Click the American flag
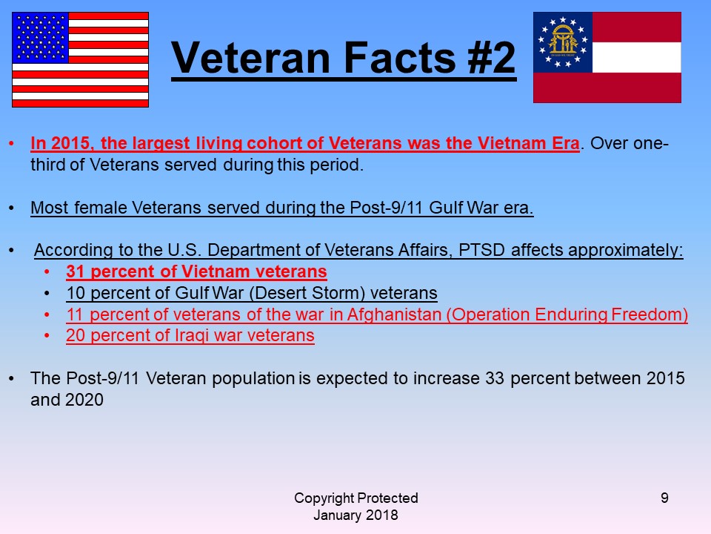tap(80, 59)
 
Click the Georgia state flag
tap(607, 57)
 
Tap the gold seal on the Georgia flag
tap(563, 41)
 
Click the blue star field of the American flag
tap(40, 37)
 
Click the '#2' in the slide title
tap(492, 57)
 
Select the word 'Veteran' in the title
tap(251, 57)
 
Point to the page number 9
tap(664, 498)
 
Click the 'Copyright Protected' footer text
tap(356, 498)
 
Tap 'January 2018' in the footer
tap(356, 515)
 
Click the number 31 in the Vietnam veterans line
tap(76, 271)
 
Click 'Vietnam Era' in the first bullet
tap(529, 143)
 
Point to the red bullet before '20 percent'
tap(47, 335)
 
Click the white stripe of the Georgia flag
tap(637, 57)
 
